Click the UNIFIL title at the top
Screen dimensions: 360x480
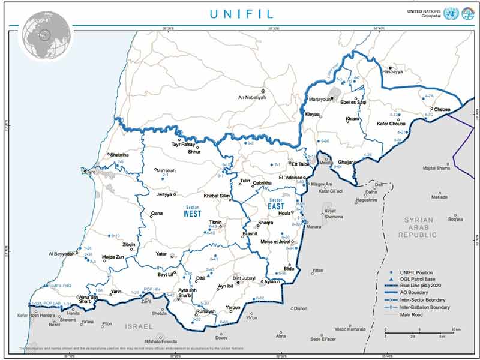point(240,13)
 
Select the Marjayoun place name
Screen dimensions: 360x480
point(319,100)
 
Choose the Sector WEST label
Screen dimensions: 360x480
point(192,211)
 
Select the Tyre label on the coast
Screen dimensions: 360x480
point(91,172)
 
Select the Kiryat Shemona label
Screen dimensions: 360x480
point(334,214)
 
